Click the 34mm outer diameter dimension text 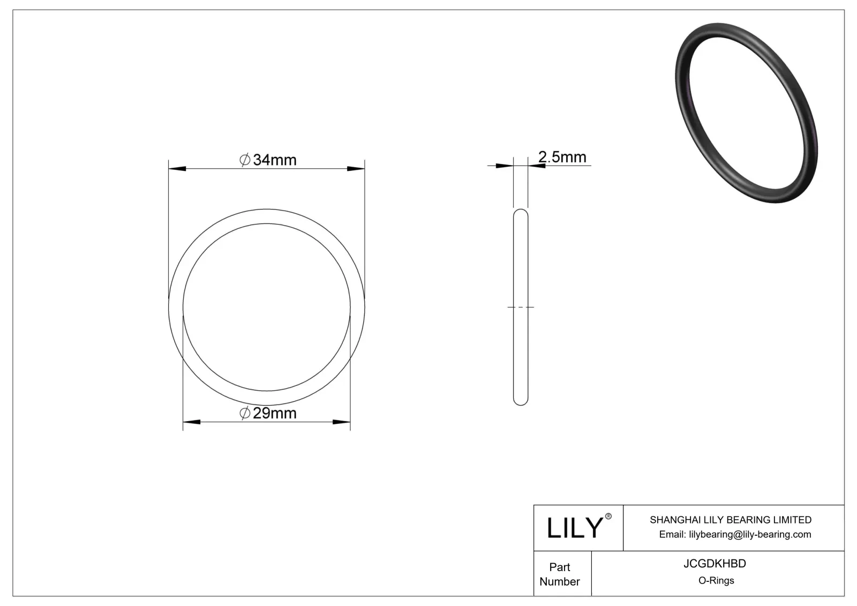click(x=274, y=160)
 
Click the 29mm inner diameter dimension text click(x=274, y=413)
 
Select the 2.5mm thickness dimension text click(x=562, y=157)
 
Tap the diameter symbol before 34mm click(x=245, y=160)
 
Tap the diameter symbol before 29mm click(x=245, y=413)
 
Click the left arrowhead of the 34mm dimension click(x=177, y=169)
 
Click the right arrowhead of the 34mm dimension click(x=356, y=169)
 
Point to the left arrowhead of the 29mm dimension click(x=192, y=422)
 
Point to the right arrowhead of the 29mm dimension click(x=342, y=422)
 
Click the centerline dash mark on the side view click(x=521, y=307)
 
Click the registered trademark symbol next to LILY click(x=608, y=517)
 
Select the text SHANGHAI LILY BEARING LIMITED click(x=730, y=520)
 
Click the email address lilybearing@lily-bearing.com click(x=750, y=534)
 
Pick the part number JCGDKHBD click(x=715, y=564)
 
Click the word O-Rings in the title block click(x=716, y=580)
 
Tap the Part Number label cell click(x=560, y=574)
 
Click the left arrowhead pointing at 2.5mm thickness click(x=505, y=166)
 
